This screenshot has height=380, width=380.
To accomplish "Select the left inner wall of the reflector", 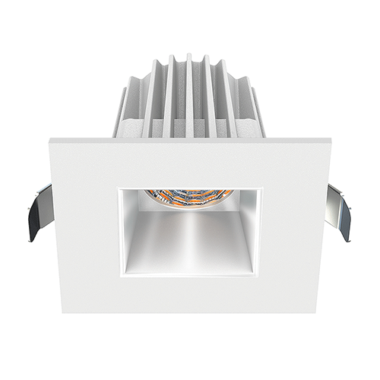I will (131, 228).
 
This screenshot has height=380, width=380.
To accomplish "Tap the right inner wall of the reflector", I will (249, 228).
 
